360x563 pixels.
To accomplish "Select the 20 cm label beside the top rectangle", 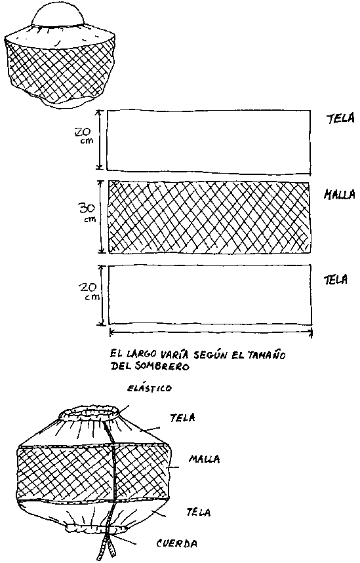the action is click(84, 136).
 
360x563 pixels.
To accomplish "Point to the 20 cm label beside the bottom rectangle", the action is click(89, 291).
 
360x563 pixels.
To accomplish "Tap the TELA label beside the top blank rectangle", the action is click(340, 118).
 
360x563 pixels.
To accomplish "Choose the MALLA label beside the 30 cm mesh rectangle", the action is click(339, 194).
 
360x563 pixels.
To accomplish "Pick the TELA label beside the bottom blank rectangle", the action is click(336, 280).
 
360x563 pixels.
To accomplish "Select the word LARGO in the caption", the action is click(141, 355).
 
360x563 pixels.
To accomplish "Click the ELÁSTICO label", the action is click(150, 388).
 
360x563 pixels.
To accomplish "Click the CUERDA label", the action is click(177, 543).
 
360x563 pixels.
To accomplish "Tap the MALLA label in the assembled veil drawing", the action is click(205, 459).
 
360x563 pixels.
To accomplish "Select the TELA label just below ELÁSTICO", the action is click(183, 417).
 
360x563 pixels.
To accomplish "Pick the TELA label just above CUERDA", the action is click(198, 512).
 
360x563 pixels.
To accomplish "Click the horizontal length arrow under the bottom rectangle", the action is click(211, 333).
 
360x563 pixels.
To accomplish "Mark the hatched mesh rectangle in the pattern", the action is click(209, 217).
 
